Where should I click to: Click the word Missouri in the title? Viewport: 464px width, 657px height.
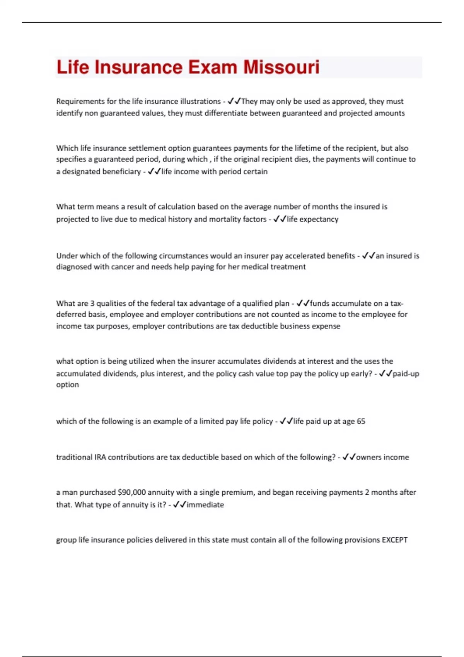[281, 67]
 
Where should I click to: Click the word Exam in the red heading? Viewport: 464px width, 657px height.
[213, 67]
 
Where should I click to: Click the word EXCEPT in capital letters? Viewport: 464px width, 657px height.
[395, 540]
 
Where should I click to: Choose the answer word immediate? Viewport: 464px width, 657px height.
[205, 505]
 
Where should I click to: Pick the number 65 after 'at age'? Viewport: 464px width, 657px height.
[361, 421]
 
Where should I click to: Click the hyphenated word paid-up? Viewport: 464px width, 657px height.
[406, 374]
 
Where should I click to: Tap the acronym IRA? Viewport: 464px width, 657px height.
[100, 457]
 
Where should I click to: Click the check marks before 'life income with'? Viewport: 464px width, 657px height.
[154, 172]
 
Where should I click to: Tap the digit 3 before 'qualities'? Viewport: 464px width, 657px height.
[92, 303]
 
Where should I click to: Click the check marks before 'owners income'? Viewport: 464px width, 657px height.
[349, 457]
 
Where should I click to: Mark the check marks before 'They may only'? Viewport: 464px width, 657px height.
[234, 101]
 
